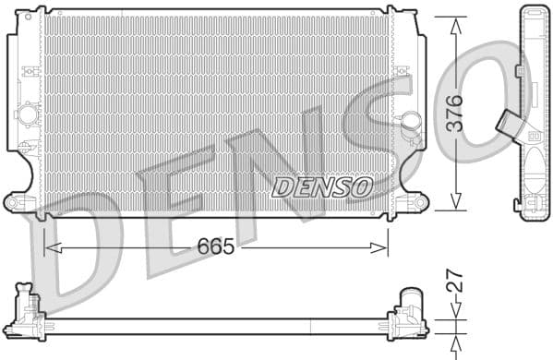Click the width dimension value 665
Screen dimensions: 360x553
tap(214, 247)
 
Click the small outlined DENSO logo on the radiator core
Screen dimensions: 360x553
tap(322, 186)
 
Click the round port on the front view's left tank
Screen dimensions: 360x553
tap(29, 114)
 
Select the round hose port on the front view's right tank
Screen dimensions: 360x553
tap(410, 122)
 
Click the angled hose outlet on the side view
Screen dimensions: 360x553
tap(509, 123)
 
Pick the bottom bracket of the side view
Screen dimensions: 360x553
tap(534, 207)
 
